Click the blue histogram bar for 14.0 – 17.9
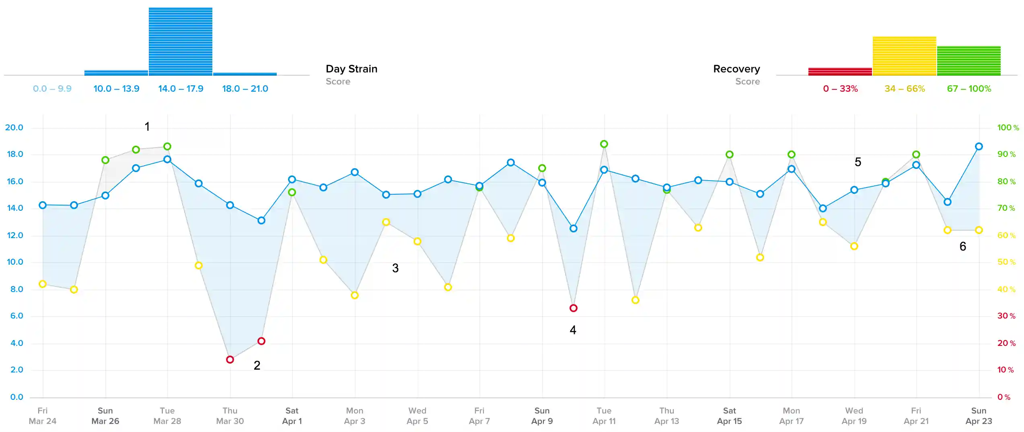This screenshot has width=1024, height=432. pos(181,41)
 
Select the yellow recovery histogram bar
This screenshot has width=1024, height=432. pos(905,56)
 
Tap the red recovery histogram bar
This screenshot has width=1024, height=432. pos(840,72)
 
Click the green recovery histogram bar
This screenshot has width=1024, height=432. pos(969,61)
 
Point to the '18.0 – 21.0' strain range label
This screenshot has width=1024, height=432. pos(245,88)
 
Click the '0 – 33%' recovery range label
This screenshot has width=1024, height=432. pos(840,88)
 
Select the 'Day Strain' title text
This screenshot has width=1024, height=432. pos(352,69)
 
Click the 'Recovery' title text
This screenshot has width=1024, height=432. pos(736,69)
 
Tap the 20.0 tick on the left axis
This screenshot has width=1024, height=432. pos(14,128)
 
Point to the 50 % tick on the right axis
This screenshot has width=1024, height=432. pos(1006,262)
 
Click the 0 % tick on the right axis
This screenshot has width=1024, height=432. pos(1004,397)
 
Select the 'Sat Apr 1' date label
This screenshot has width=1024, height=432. pos(292,416)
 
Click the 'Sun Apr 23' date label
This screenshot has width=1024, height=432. pos(979,416)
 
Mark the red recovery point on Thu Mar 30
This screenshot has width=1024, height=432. pos(230,360)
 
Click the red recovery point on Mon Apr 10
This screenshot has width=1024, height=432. pos(574,308)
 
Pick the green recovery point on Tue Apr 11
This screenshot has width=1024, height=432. pos(604,144)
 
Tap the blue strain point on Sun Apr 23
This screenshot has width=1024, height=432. pos(979,146)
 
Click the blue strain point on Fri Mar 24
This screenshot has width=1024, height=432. pos(43,205)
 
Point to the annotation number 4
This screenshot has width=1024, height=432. pos(573,330)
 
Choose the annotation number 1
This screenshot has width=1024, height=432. pos(147,127)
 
